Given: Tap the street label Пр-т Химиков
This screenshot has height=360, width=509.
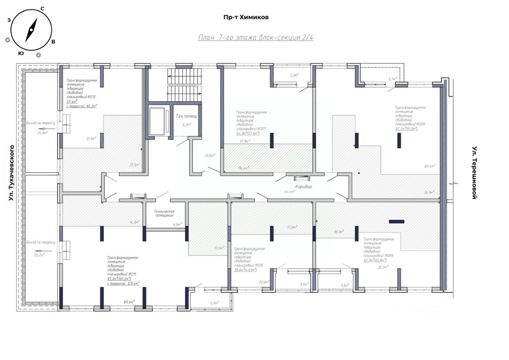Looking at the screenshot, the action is tap(246, 18).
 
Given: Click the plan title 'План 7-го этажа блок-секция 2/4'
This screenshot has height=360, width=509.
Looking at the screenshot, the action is tap(256, 38).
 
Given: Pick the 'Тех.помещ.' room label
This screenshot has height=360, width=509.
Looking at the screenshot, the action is tap(187, 116).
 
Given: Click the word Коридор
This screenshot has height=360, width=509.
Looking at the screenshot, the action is tap(303, 186).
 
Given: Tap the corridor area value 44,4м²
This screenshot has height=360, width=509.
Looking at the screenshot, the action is tap(289, 191).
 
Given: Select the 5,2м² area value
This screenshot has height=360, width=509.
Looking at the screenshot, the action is tap(187, 124).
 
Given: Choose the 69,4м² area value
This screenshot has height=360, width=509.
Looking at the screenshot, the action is tap(129, 302).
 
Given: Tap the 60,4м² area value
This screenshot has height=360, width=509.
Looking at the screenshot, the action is tap(430, 166).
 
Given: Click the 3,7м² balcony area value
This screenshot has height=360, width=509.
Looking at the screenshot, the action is tap(393, 79).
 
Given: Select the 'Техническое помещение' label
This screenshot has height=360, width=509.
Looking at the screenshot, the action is tap(165, 213).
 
